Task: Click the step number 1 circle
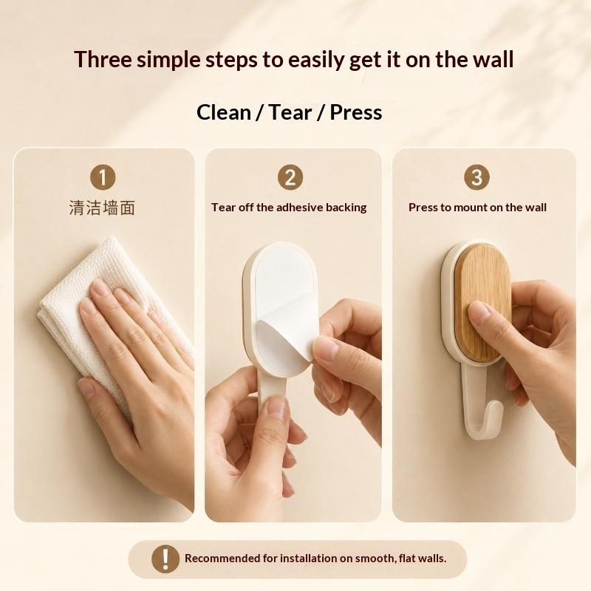click(x=103, y=177)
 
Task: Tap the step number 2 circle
click(x=290, y=177)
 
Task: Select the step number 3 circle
click(x=476, y=177)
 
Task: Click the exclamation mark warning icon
click(x=165, y=558)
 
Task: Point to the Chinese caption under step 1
click(x=102, y=208)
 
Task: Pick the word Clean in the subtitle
click(x=224, y=112)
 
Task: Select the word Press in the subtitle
click(x=356, y=112)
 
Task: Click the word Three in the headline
click(x=103, y=60)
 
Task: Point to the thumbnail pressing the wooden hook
click(x=479, y=312)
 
